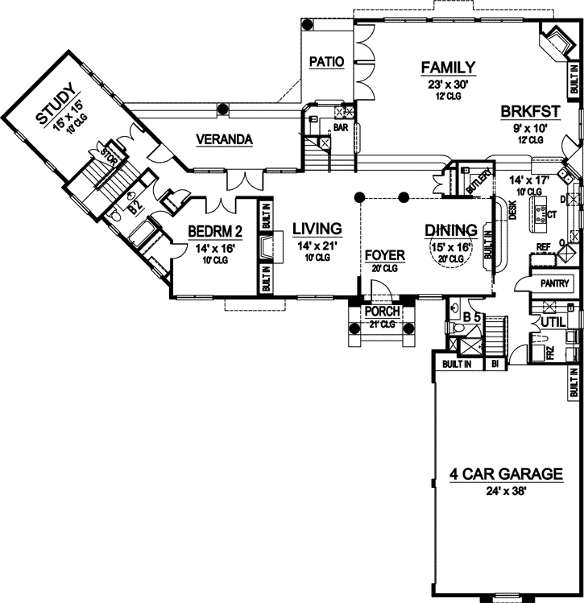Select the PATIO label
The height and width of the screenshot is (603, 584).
point(326,61)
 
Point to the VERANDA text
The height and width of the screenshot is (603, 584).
point(225,140)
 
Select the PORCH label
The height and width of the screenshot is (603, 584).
point(383,312)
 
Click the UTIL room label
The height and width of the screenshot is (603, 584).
point(553,322)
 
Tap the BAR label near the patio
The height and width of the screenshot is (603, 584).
point(340,126)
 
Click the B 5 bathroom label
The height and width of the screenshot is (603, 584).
point(474,316)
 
